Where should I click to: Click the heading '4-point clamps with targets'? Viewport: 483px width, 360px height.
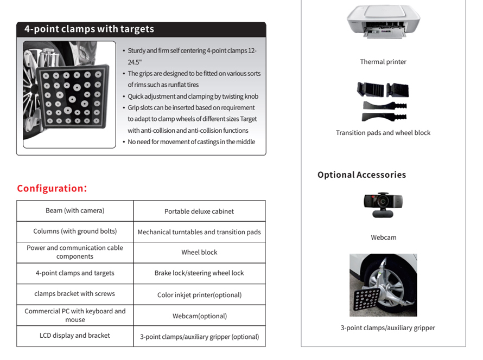(89, 29)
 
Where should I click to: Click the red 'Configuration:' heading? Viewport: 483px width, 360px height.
(52, 189)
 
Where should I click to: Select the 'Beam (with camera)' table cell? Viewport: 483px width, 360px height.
(75, 210)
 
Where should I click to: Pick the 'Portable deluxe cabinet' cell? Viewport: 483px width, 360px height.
(199, 211)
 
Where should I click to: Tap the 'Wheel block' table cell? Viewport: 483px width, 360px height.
(199, 252)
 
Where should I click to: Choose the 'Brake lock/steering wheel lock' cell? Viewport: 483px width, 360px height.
(199, 273)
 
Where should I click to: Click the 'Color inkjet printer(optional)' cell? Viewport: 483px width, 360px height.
(199, 295)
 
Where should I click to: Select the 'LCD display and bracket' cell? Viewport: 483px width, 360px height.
(75, 336)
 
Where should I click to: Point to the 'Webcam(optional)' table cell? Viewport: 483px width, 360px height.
(199, 316)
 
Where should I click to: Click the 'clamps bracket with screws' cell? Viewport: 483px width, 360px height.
(75, 294)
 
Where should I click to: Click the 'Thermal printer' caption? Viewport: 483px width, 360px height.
(383, 62)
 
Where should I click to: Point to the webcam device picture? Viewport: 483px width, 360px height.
(383, 205)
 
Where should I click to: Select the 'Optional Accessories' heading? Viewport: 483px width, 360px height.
(361, 175)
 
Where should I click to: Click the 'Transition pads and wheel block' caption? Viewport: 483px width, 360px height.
(383, 133)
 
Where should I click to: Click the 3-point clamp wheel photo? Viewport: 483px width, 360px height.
(383, 285)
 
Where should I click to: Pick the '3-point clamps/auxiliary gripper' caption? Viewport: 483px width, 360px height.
(387, 328)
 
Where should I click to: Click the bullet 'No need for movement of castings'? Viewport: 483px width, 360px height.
(191, 142)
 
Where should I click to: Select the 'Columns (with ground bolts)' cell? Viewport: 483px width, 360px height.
(75, 231)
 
